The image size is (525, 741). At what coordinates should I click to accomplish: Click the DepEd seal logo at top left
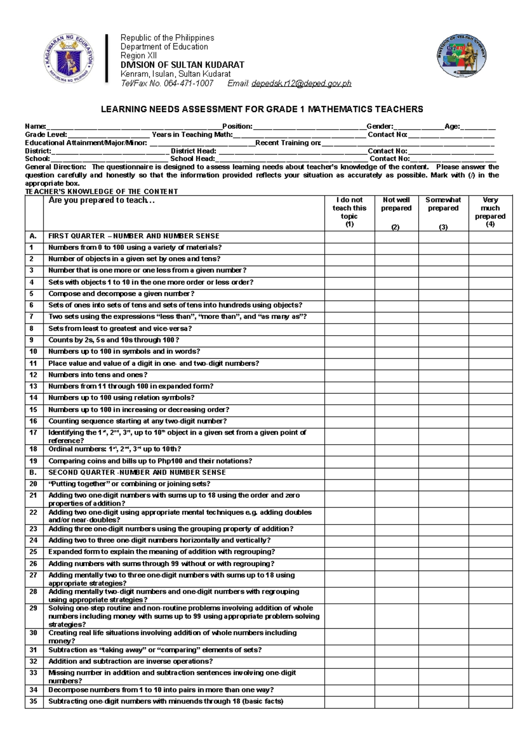(x=69, y=59)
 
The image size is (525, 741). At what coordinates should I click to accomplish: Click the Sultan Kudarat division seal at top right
(x=462, y=56)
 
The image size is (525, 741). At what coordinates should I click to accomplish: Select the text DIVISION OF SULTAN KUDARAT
(x=182, y=65)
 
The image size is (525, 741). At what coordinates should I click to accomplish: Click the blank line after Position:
(x=309, y=127)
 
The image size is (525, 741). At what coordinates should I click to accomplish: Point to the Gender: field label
(x=380, y=126)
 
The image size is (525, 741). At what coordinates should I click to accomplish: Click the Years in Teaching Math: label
(x=192, y=135)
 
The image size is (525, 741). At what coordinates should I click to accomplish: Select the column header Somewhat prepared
(x=443, y=204)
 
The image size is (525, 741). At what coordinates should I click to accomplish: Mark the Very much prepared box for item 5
(x=490, y=294)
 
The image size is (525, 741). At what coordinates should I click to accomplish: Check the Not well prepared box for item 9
(x=396, y=340)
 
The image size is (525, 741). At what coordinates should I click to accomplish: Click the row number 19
(x=34, y=461)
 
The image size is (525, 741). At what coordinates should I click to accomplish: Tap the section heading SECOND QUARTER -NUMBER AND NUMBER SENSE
(x=137, y=472)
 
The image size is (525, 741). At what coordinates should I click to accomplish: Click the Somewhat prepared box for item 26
(x=443, y=564)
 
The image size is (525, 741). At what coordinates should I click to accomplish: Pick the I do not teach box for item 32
(x=349, y=661)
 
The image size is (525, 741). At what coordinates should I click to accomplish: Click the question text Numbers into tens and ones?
(x=98, y=375)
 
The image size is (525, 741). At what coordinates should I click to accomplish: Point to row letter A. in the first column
(x=33, y=236)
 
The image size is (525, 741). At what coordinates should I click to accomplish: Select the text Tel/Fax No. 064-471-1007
(x=167, y=83)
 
